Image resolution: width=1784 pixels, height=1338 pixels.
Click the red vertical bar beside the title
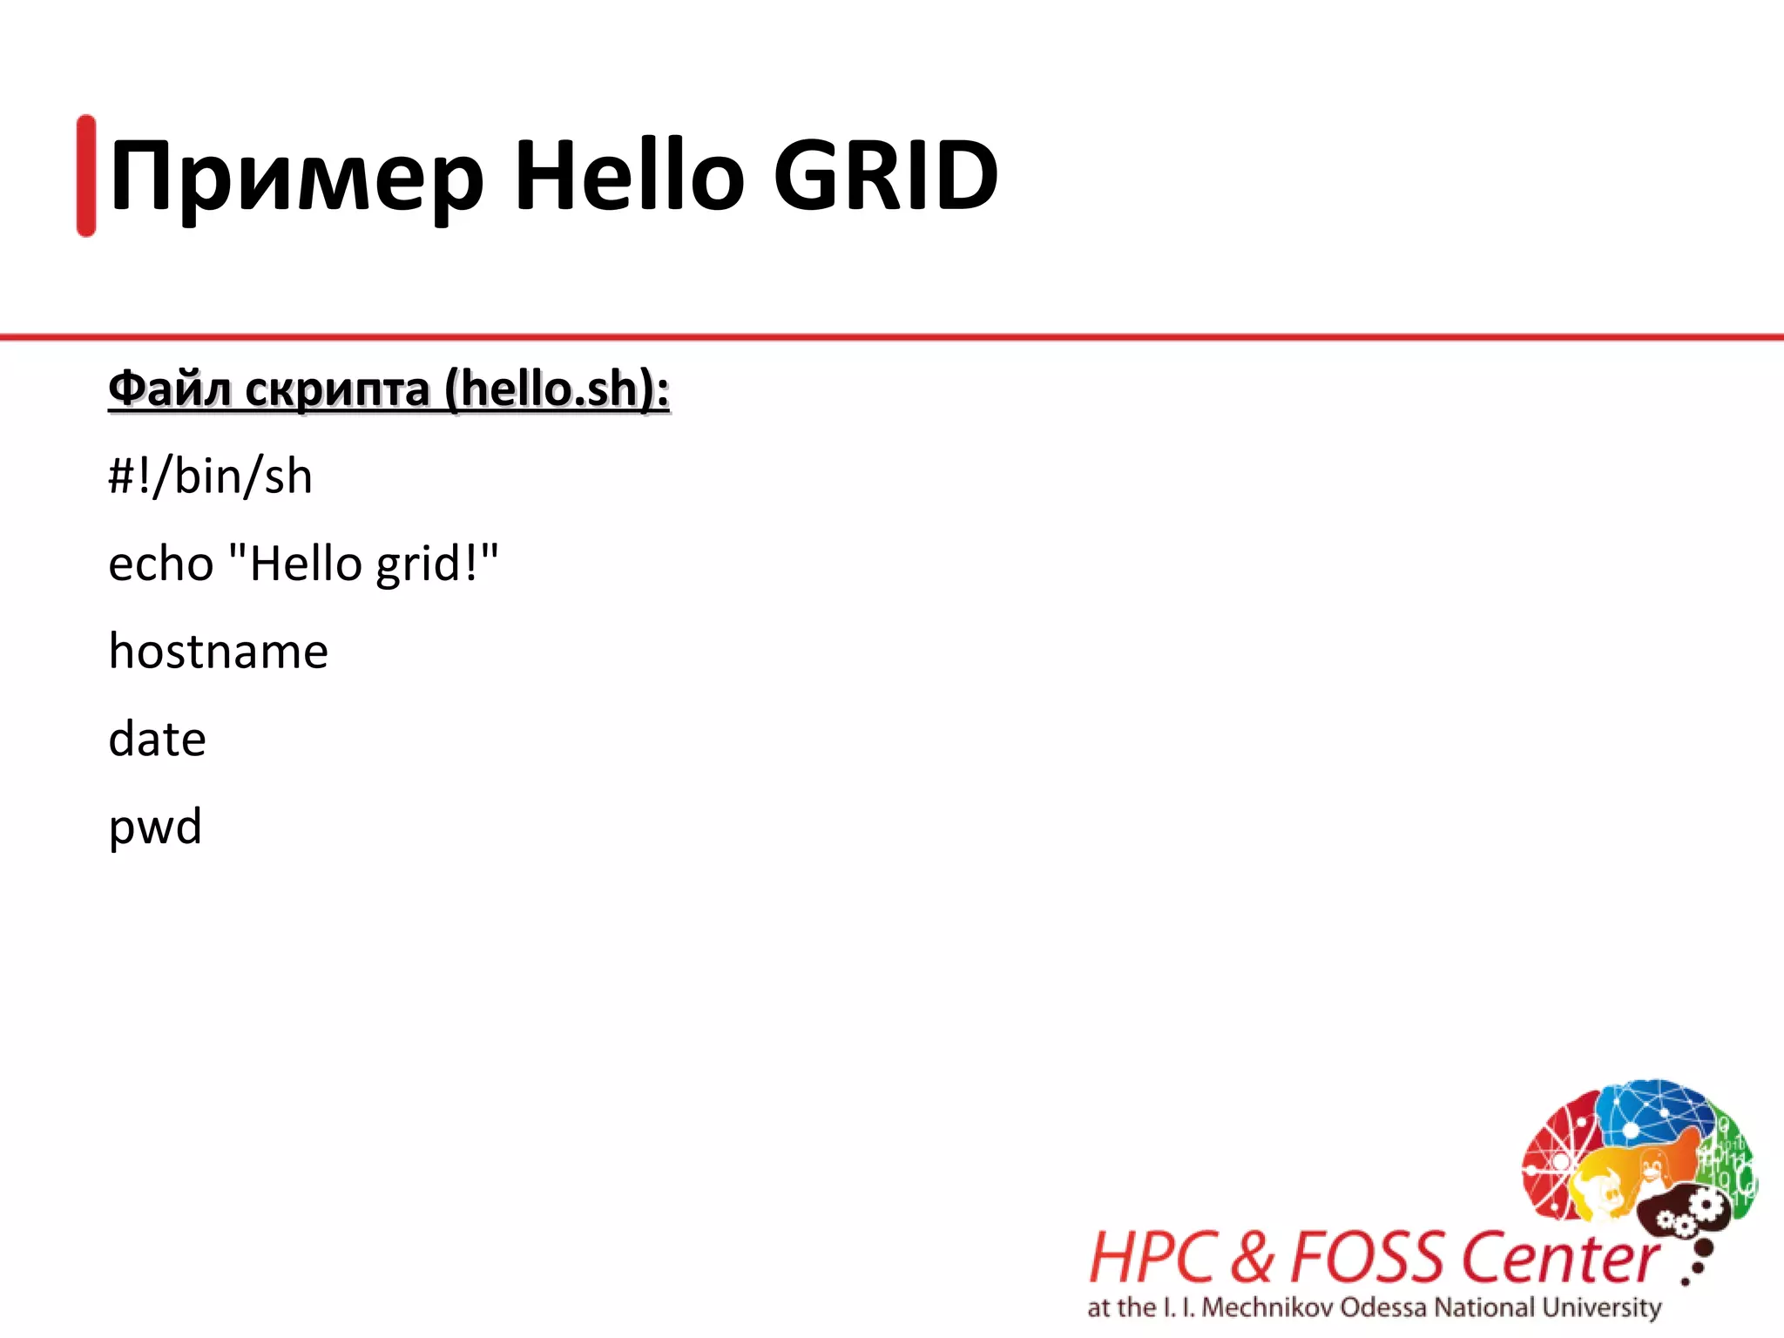86,175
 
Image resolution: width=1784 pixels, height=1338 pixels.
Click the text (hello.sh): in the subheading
557,389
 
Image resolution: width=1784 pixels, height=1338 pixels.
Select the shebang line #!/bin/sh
210,476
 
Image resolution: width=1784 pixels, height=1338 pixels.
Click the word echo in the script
161,564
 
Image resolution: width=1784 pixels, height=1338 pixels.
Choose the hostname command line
218,651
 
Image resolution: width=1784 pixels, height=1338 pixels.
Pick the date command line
157,739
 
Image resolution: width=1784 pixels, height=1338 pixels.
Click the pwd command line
155,827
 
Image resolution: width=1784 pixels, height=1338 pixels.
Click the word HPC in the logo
1152,1258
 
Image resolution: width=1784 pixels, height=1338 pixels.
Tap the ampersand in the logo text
1254,1258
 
